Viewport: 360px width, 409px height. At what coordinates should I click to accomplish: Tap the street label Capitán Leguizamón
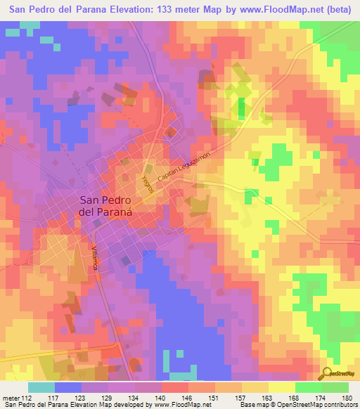184,169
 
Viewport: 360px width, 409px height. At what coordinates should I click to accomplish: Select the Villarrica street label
94,258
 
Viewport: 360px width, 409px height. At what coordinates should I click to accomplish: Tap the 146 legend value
188,398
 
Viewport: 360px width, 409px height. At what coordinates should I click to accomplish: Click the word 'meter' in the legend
11,398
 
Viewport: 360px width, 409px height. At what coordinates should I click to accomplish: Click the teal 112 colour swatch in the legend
41,387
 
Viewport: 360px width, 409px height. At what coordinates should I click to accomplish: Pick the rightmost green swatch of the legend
335,387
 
